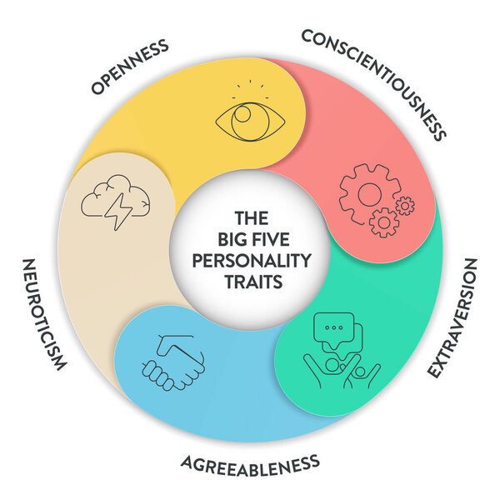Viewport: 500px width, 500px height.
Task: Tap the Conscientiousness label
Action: (374, 83)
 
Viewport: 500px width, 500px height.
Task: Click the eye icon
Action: (250, 121)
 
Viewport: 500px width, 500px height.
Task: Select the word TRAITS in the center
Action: (251, 281)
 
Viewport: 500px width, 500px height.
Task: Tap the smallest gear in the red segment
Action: (405, 205)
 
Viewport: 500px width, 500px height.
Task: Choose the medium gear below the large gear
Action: (383, 222)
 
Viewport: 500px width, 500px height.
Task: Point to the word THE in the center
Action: (251, 218)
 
